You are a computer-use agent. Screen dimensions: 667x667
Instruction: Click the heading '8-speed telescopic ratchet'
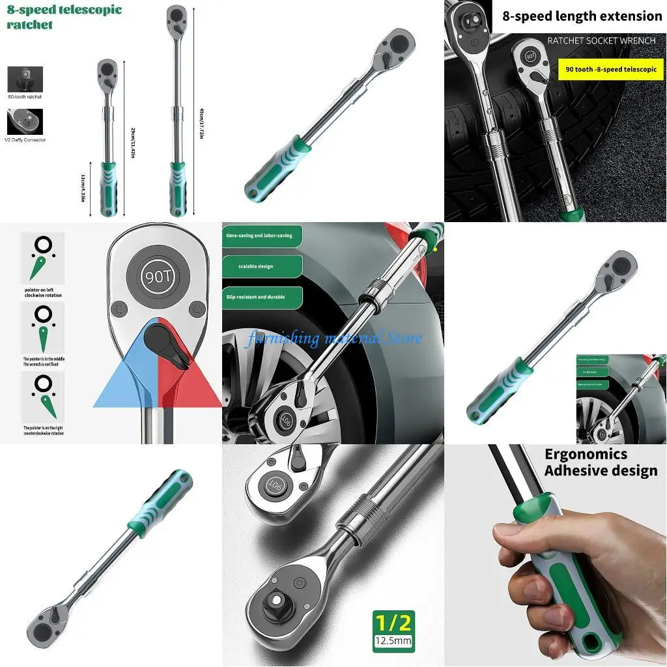[64, 18]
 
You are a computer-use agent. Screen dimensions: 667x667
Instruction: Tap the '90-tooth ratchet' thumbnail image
[25, 79]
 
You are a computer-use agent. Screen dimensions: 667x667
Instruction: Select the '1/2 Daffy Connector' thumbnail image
[25, 122]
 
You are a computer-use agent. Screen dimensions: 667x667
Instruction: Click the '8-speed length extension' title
[582, 16]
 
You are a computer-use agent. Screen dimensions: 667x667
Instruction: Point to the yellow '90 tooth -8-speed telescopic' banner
[611, 69]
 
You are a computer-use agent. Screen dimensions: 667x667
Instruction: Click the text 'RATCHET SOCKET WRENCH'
[601, 40]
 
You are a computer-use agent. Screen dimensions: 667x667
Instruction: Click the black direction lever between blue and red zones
[163, 341]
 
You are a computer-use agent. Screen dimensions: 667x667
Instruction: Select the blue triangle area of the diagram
[121, 381]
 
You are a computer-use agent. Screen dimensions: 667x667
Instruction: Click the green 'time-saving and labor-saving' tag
[261, 235]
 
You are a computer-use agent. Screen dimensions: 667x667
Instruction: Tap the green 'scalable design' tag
[261, 266]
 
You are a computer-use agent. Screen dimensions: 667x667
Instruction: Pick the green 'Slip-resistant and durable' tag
[261, 297]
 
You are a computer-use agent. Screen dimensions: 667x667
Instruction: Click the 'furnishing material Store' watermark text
[333, 338]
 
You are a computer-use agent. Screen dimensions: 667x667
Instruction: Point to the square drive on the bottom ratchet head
[278, 610]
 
